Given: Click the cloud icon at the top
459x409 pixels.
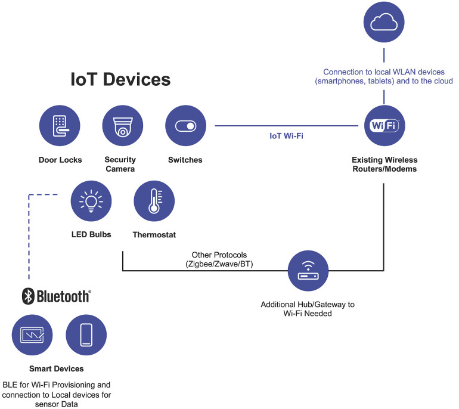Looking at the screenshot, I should pos(384,22).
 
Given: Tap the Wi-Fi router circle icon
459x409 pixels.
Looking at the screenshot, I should pos(384,126).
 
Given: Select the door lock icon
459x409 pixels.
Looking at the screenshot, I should pos(60,126).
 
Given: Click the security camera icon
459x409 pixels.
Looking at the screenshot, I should pos(123,126).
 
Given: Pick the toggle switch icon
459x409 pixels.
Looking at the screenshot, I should pos(185,126).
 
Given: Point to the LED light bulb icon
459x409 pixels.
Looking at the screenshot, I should pos(91,201).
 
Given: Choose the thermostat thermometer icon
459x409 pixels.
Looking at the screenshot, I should pos(154,201).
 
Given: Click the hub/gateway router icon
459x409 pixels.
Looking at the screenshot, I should pos(308,271).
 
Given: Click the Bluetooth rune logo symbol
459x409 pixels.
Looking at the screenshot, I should pos(26,296).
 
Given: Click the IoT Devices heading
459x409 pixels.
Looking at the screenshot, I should pos(120,80).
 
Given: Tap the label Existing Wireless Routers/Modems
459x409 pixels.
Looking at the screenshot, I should pos(384,165).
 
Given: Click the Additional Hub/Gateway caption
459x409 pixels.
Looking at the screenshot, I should pos(308,309).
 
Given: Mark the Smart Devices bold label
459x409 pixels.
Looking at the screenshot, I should pos(57,369).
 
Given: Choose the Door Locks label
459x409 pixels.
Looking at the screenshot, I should pos(60,160).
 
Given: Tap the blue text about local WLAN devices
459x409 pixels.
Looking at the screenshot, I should pos(384,76).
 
